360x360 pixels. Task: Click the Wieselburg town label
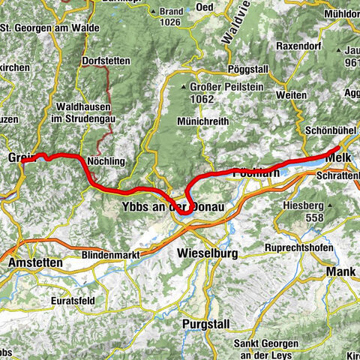pos(207,253)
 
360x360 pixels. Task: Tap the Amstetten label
pos(35,264)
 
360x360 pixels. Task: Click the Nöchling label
pos(106,161)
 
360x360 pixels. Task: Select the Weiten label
pos(307,96)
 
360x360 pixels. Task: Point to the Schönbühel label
pos(332,129)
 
